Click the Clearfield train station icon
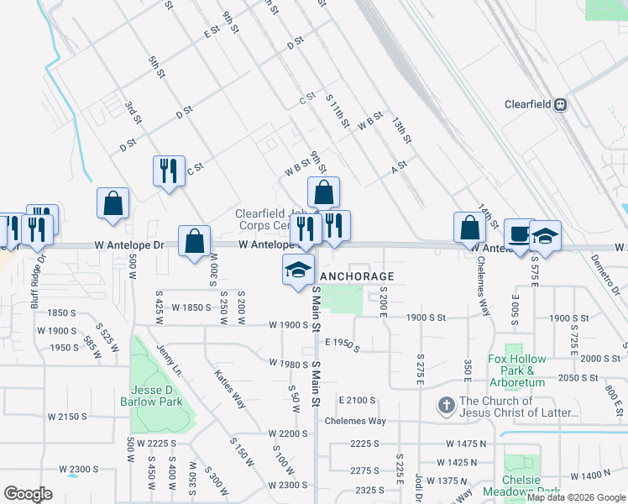(x=560, y=105)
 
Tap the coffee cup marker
(x=519, y=233)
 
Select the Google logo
(x=28, y=494)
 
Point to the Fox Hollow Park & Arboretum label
(x=516, y=370)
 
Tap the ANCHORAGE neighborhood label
(x=357, y=276)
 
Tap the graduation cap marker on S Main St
(x=297, y=270)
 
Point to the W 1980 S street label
(x=290, y=363)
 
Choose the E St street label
(x=211, y=30)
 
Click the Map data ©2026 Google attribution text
(x=576, y=497)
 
